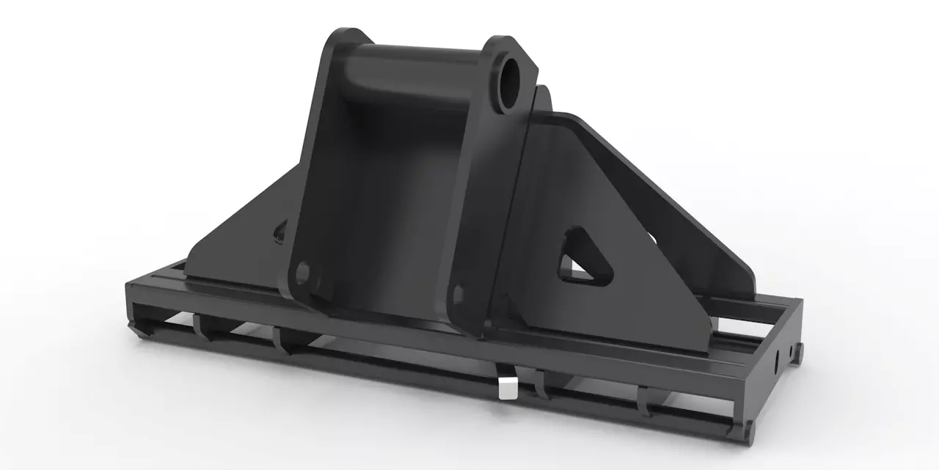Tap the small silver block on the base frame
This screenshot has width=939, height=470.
click(x=506, y=389)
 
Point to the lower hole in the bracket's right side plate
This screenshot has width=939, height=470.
click(x=460, y=294)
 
